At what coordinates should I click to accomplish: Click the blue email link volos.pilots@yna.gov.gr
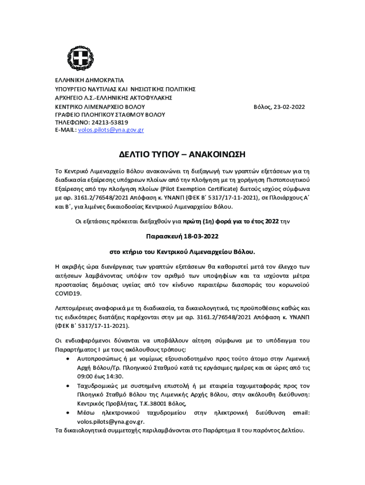[x=111, y=130]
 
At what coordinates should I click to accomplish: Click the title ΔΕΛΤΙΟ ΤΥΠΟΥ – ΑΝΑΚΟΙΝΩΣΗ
[x=182, y=155]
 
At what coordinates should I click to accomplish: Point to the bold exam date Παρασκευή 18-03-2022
[x=182, y=236]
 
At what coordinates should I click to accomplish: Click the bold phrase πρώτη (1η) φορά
[x=209, y=220]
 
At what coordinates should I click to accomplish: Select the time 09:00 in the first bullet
[x=86, y=377]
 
